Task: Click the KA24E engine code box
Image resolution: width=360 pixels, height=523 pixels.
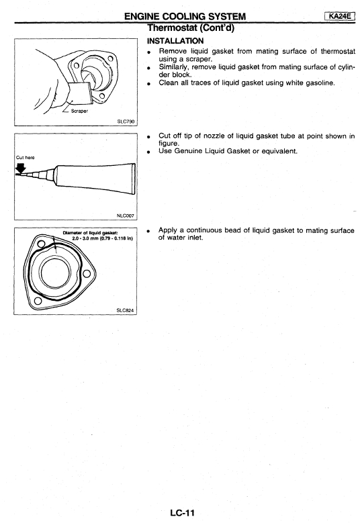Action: (339, 16)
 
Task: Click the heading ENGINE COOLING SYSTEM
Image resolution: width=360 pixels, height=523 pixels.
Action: (185, 16)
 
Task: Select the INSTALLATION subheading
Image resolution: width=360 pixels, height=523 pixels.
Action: (175, 41)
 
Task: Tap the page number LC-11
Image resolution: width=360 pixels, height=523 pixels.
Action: (182, 512)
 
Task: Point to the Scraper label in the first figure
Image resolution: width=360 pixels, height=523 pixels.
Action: (79, 111)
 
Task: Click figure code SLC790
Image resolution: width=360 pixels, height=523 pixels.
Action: (126, 122)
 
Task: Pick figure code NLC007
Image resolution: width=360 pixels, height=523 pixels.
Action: (126, 216)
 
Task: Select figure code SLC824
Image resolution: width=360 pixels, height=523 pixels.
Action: (125, 310)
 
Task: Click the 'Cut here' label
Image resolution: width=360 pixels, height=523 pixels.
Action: (25, 157)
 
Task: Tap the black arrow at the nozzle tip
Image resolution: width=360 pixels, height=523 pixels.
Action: (21, 169)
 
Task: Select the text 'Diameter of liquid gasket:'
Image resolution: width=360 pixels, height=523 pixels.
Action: (90, 232)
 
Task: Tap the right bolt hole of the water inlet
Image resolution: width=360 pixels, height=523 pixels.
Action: (87, 274)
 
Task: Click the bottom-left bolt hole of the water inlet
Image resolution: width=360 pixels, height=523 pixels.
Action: (38, 301)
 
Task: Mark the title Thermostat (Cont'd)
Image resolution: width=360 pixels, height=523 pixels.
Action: (191, 28)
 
